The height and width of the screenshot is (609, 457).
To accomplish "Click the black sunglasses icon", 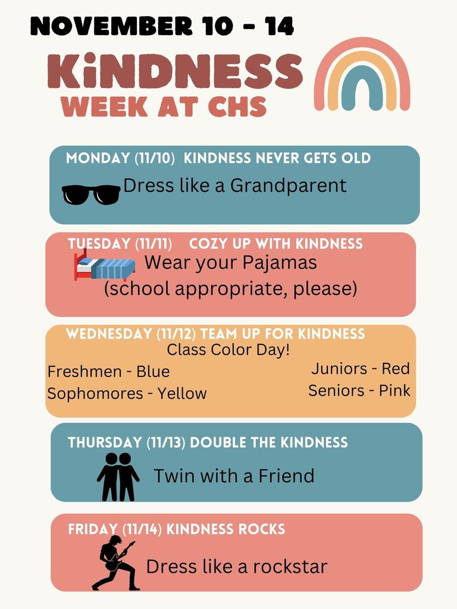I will click(x=91, y=194).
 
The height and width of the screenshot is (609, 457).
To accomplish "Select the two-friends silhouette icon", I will click(x=118, y=476).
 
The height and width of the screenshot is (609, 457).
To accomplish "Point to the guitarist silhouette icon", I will click(x=115, y=563).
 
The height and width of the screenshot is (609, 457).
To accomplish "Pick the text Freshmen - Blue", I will click(x=108, y=372).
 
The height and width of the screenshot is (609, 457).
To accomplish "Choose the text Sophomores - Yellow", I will click(x=127, y=394).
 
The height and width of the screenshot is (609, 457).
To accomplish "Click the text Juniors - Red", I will click(x=360, y=369).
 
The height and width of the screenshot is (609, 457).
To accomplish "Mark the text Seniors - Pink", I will click(x=359, y=391).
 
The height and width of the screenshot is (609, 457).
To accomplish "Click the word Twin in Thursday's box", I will click(x=171, y=476).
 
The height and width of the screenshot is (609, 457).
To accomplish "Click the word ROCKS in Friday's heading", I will click(x=260, y=529).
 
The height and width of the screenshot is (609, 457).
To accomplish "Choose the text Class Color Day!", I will click(x=228, y=350).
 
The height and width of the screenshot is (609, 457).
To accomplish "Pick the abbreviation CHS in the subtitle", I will click(x=236, y=106).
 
